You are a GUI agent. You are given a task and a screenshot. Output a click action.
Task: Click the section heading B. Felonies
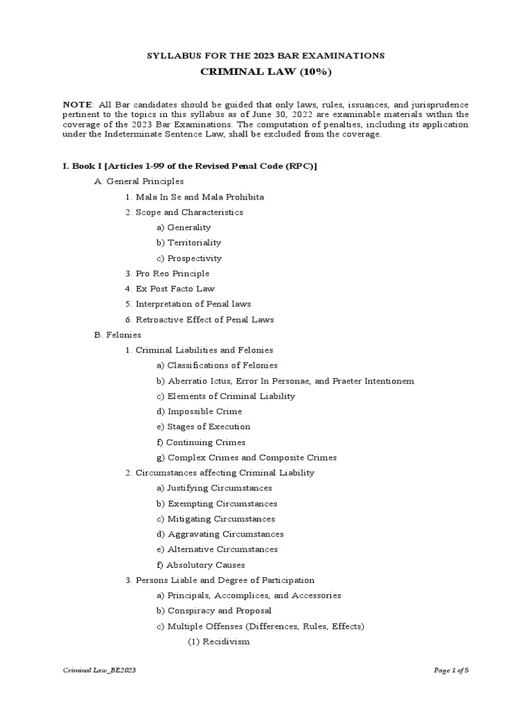pos(118,335)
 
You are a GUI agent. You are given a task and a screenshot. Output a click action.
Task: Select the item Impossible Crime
pos(199,411)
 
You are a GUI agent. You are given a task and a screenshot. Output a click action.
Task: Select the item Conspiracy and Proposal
pos(214,611)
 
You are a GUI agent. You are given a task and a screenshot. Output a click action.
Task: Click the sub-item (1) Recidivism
pos(219,642)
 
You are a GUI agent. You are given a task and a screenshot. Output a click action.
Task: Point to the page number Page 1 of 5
pos(455,670)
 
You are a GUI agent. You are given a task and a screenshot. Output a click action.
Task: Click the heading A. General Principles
pos(139,181)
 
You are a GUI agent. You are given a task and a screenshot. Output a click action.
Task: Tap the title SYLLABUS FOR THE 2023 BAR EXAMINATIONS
pos(265,55)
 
